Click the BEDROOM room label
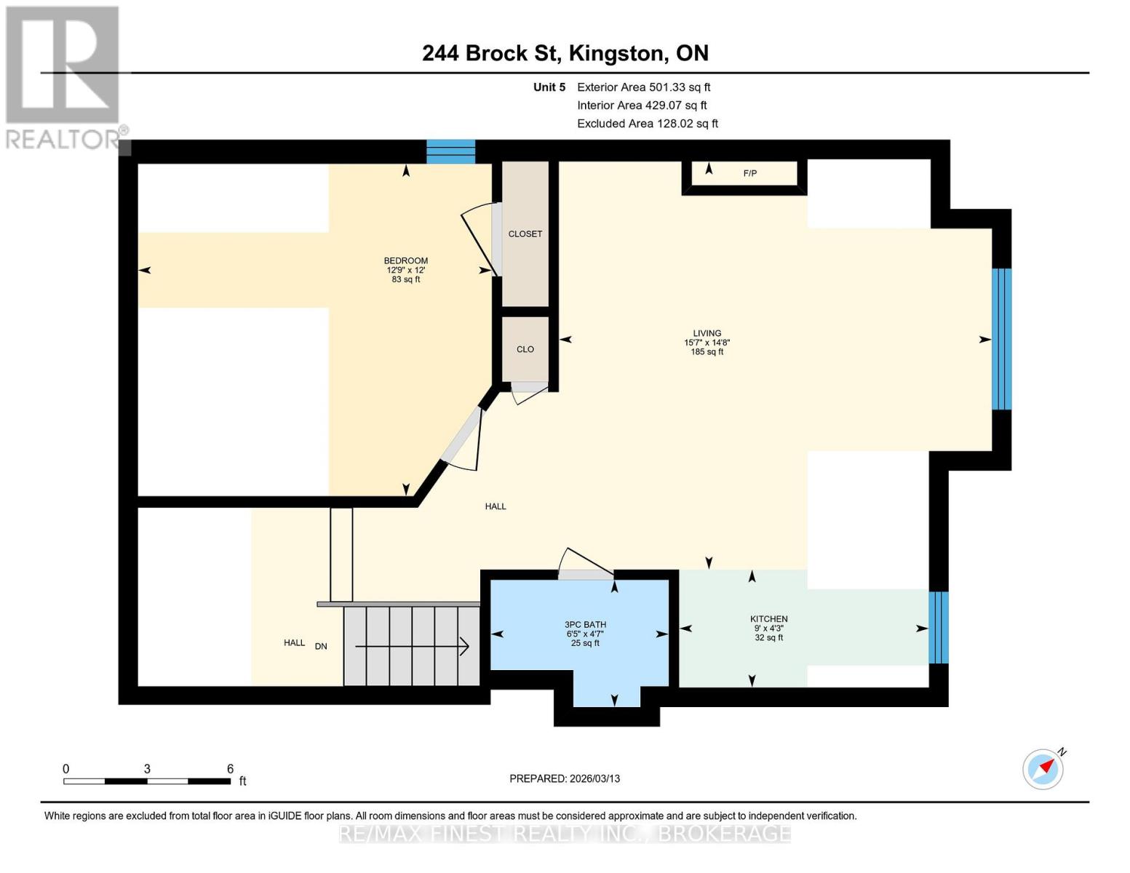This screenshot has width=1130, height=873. click(x=406, y=261)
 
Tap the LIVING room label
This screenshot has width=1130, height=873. click(x=707, y=333)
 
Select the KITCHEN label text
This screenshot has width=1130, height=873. click(x=768, y=619)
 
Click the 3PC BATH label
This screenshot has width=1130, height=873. click(x=585, y=625)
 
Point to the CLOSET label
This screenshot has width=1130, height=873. click(x=525, y=234)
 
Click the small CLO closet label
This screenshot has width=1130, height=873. click(x=525, y=349)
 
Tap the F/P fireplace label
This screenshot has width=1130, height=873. click(x=749, y=173)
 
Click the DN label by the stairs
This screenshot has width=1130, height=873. click(x=321, y=646)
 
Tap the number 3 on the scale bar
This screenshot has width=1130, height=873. click(x=147, y=769)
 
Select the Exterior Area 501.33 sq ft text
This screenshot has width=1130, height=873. click(x=643, y=87)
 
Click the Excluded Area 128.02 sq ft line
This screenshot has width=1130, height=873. click(x=647, y=124)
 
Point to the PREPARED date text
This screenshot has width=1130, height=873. click(x=565, y=778)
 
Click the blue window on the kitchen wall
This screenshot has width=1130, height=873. click(x=939, y=628)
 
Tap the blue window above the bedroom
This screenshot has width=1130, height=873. click(x=450, y=151)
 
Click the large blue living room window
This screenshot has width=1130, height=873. click(x=1002, y=339)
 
